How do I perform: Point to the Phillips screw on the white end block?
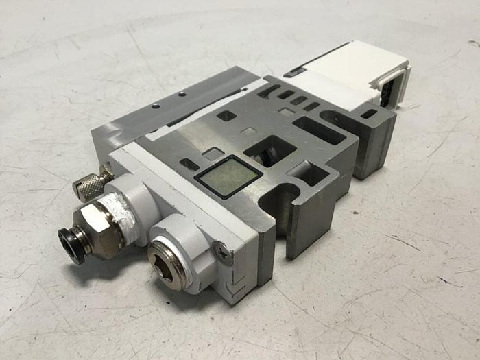218,251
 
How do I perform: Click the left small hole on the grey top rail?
157,105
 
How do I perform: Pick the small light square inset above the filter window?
213,153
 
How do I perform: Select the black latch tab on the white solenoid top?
293,72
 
